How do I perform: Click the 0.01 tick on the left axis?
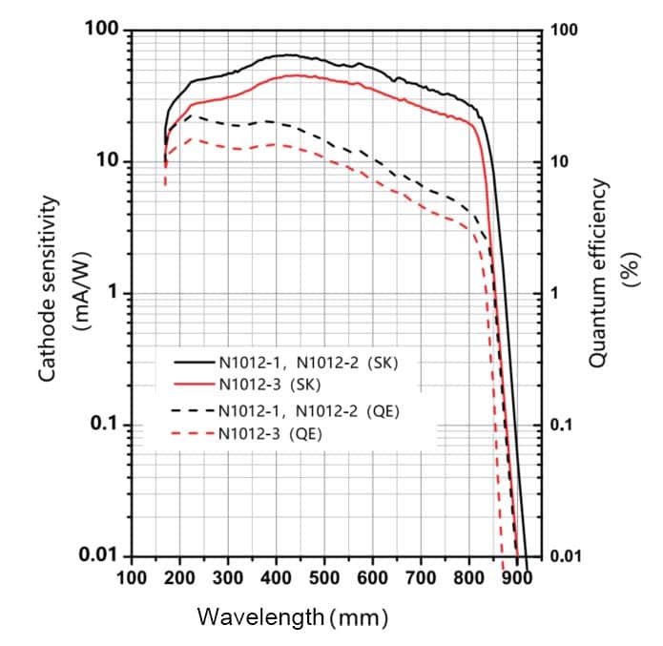[x=97, y=555]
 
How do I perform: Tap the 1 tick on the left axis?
[x=112, y=293]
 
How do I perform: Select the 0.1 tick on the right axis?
[x=563, y=425]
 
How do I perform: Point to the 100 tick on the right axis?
[x=565, y=31]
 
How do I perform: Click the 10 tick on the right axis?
[x=562, y=161]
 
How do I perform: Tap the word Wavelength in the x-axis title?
[x=260, y=616]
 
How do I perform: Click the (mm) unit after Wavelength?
[x=359, y=616]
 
